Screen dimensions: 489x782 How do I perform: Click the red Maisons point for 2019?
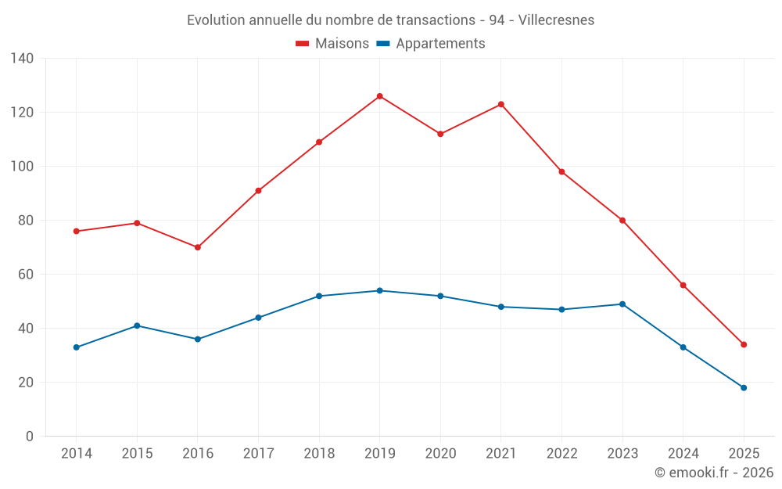[379, 96]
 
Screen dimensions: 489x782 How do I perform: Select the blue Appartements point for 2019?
[379, 290]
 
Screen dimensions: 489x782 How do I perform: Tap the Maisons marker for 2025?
[744, 344]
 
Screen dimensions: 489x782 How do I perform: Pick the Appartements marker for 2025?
[744, 387]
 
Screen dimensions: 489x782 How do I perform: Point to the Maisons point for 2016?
[198, 247]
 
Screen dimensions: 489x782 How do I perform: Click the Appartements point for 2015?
[137, 325]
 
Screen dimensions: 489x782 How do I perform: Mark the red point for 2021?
[501, 104]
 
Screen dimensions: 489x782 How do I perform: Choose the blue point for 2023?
[622, 304]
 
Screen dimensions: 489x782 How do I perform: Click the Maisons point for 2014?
[76, 231]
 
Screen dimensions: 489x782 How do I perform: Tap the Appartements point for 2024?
[683, 347]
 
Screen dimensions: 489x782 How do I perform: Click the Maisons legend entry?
[332, 44]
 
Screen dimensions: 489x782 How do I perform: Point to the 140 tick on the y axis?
[23, 59]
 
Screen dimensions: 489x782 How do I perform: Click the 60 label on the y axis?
[26, 275]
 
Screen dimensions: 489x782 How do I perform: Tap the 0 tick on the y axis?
[29, 437]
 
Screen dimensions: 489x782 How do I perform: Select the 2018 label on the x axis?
[319, 454]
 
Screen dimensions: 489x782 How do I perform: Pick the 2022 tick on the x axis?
[561, 454]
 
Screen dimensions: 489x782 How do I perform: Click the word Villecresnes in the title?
[556, 20]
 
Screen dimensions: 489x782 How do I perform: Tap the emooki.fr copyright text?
[714, 473]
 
